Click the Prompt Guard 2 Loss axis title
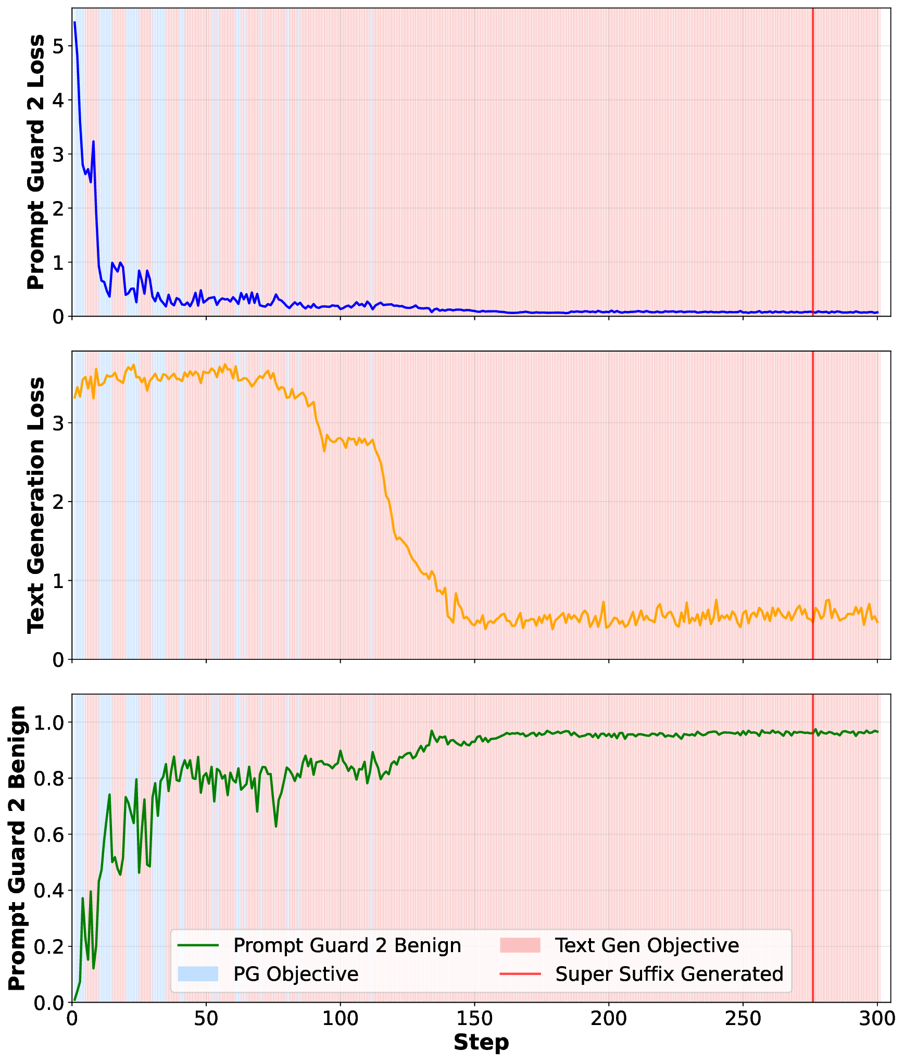(x=36, y=162)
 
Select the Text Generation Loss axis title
(x=36, y=505)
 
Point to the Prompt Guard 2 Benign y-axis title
(x=17, y=848)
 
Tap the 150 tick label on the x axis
(x=474, y=1018)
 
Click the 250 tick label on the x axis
(x=743, y=1018)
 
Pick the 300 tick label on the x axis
(x=877, y=1018)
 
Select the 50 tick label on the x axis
(x=206, y=1018)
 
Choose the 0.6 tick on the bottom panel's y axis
(x=49, y=834)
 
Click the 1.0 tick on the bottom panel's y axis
(x=49, y=722)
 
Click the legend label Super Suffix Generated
(x=669, y=974)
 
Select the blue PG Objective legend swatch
(x=198, y=974)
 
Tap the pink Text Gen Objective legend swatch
(x=520, y=945)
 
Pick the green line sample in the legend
(x=198, y=945)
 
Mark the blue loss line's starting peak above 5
(x=75, y=22)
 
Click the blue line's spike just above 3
(x=93, y=141)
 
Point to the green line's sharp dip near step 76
(x=276, y=826)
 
